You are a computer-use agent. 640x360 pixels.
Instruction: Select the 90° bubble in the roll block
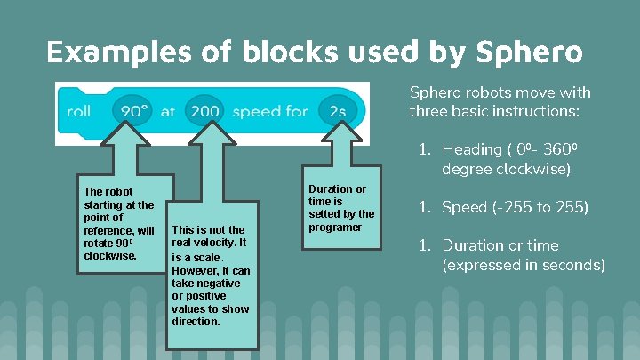click(132, 111)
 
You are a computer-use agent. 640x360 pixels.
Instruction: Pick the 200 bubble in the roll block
click(204, 111)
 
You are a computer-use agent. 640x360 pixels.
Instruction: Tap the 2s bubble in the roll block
click(337, 111)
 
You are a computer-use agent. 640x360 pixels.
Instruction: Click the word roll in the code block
click(79, 111)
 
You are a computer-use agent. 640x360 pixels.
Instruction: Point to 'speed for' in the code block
click(270, 111)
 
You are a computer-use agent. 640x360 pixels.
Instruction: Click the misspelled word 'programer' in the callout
click(335, 227)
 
